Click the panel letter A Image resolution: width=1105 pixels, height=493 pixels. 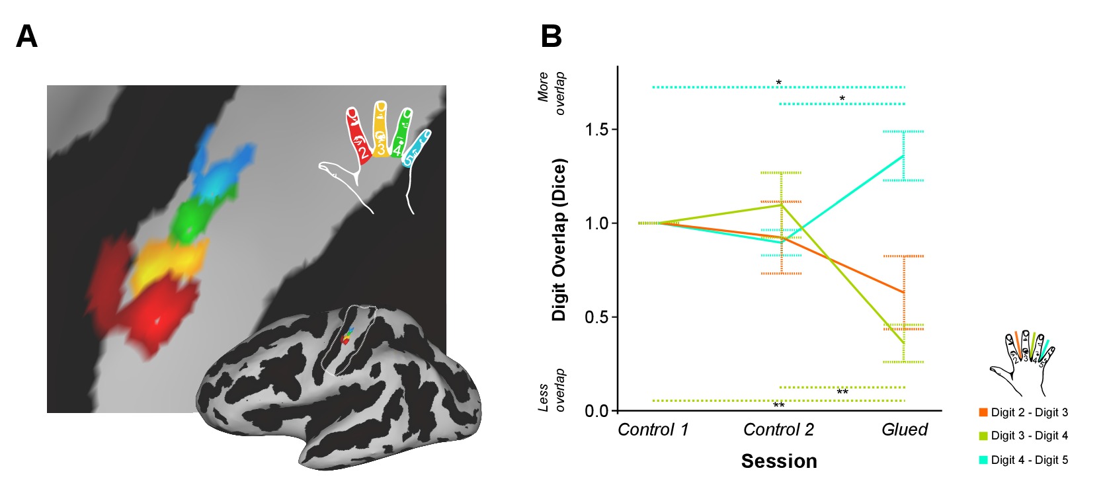[26, 36]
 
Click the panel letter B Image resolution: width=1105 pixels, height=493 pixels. [551, 36]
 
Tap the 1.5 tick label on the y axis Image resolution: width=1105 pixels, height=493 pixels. [596, 130]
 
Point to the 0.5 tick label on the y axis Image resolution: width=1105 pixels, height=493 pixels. [596, 317]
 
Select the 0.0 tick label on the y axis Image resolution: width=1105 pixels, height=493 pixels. [596, 411]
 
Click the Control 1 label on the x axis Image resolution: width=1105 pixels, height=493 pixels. [653, 430]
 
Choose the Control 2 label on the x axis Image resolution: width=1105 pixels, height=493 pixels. [778, 430]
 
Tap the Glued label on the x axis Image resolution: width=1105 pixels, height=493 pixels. [904, 430]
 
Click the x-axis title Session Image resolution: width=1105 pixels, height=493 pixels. [779, 461]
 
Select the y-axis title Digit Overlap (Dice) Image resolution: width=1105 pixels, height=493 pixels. [559, 240]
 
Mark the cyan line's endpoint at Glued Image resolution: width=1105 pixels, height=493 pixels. [904, 155]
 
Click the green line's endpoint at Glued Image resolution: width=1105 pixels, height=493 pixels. [904, 343]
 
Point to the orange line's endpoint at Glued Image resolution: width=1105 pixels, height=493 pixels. [904, 292]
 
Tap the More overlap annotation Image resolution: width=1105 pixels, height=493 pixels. [552, 93]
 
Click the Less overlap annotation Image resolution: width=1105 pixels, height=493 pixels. [552, 390]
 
